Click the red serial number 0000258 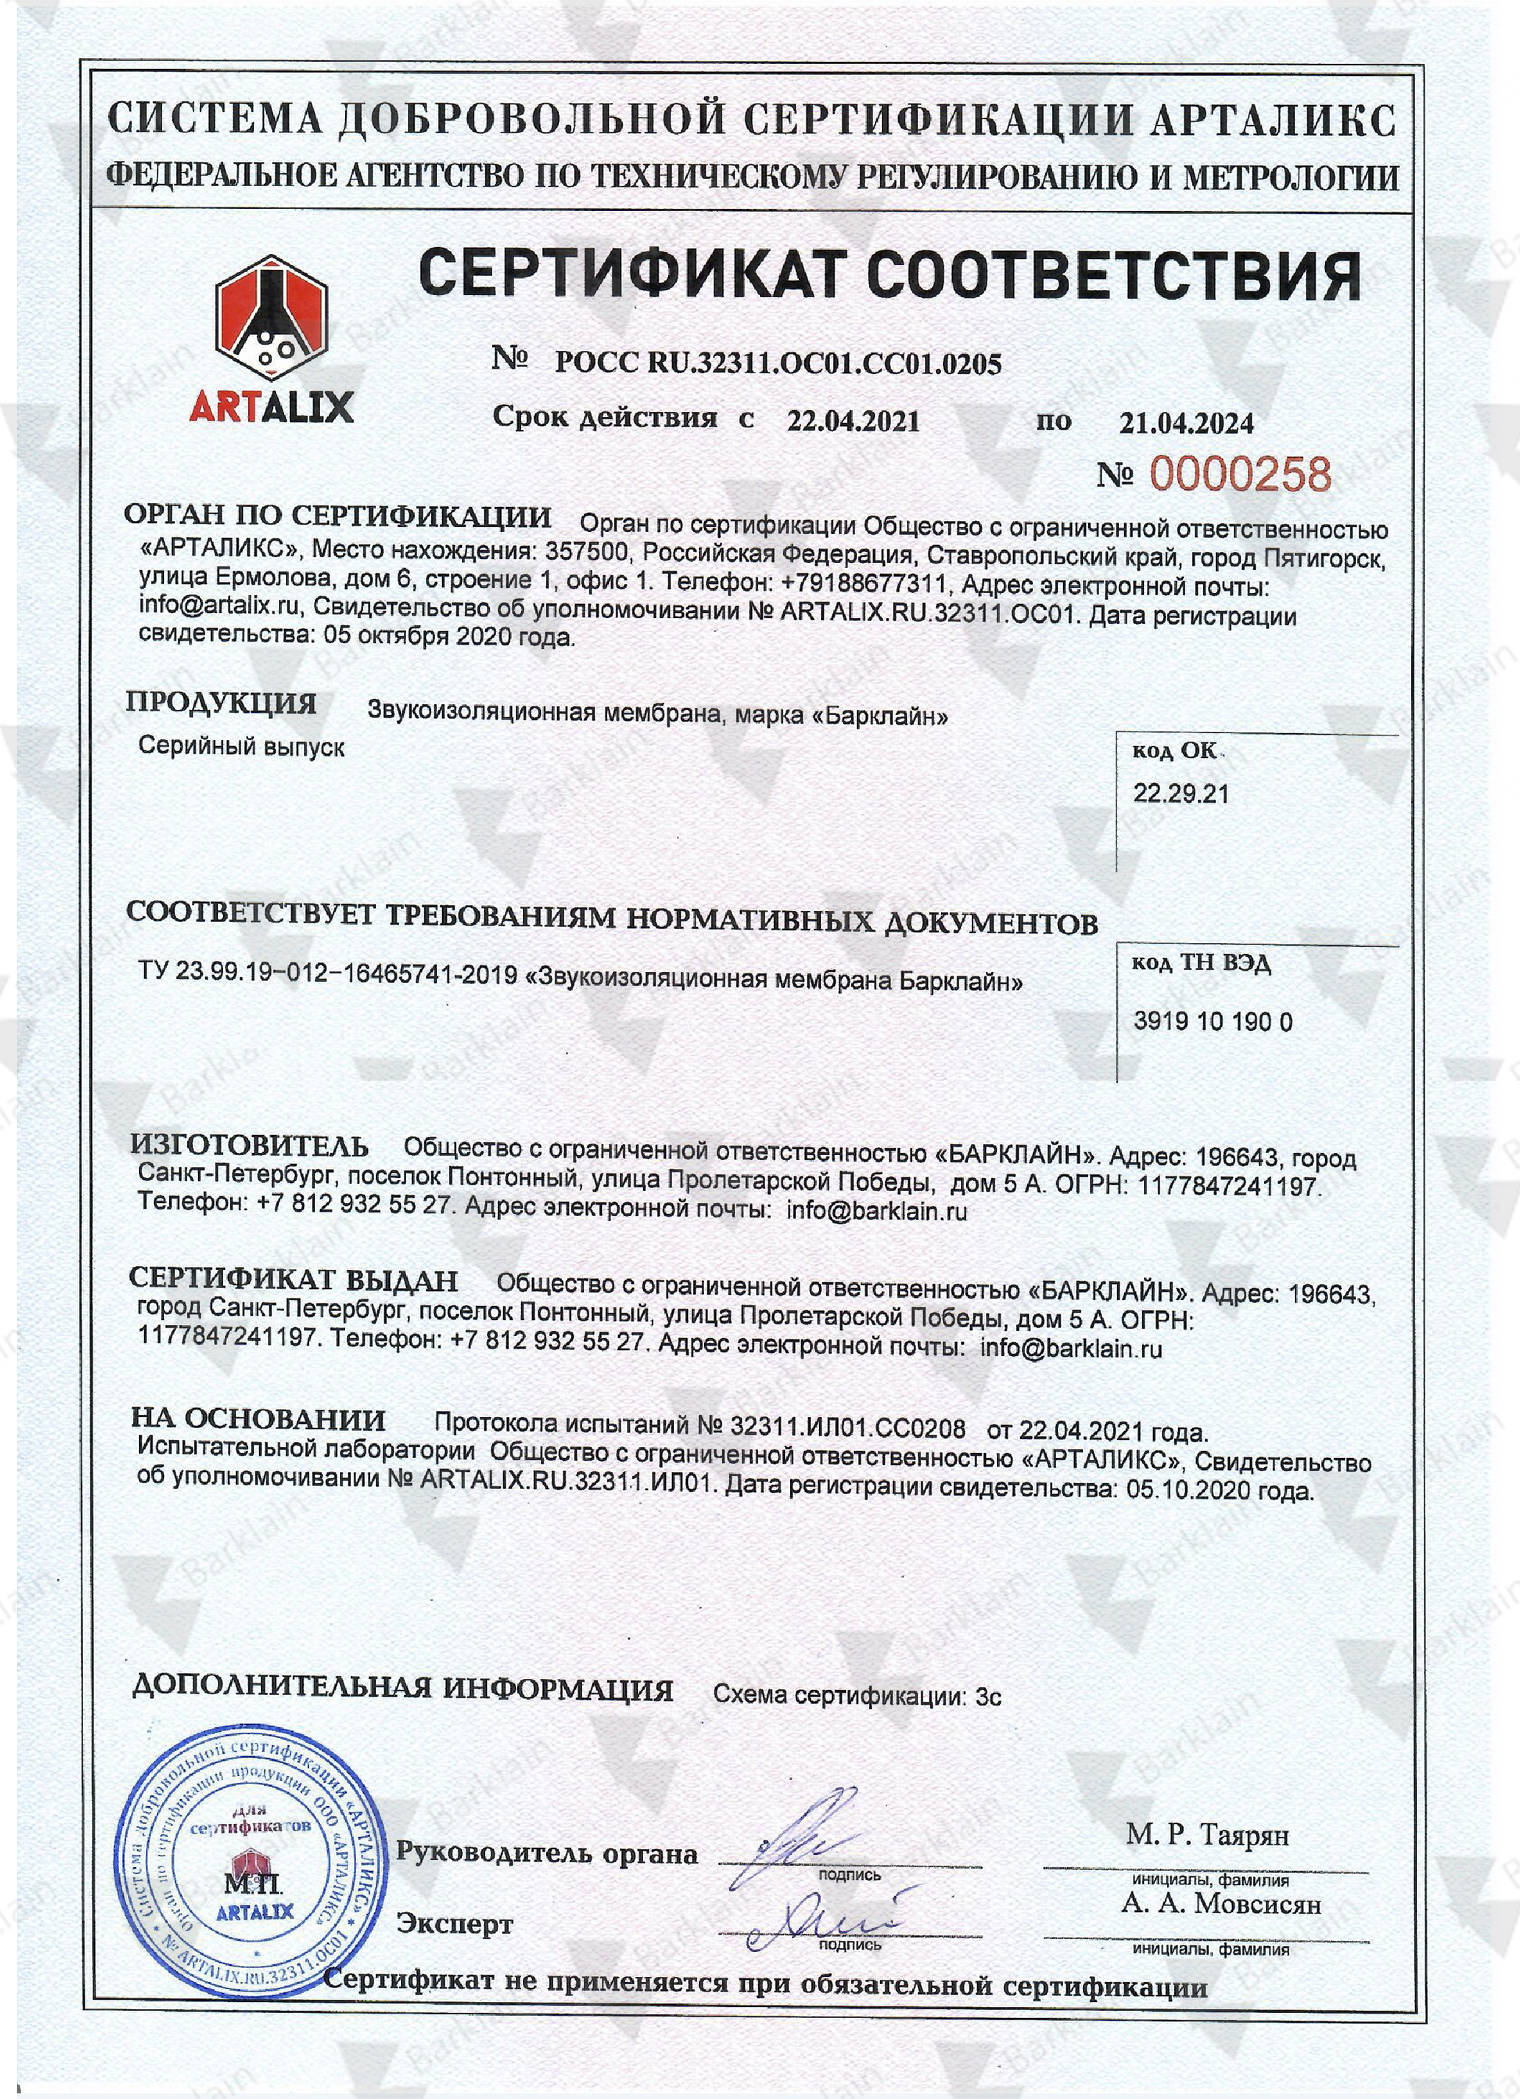(x=1240, y=475)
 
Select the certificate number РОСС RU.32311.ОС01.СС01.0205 (x=778, y=363)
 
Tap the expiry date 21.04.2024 (x=1186, y=423)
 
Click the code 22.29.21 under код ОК (x=1181, y=793)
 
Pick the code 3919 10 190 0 (x=1212, y=1022)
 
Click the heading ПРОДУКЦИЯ (x=221, y=703)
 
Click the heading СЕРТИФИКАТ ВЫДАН (x=294, y=1280)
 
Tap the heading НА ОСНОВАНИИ (x=258, y=1418)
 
